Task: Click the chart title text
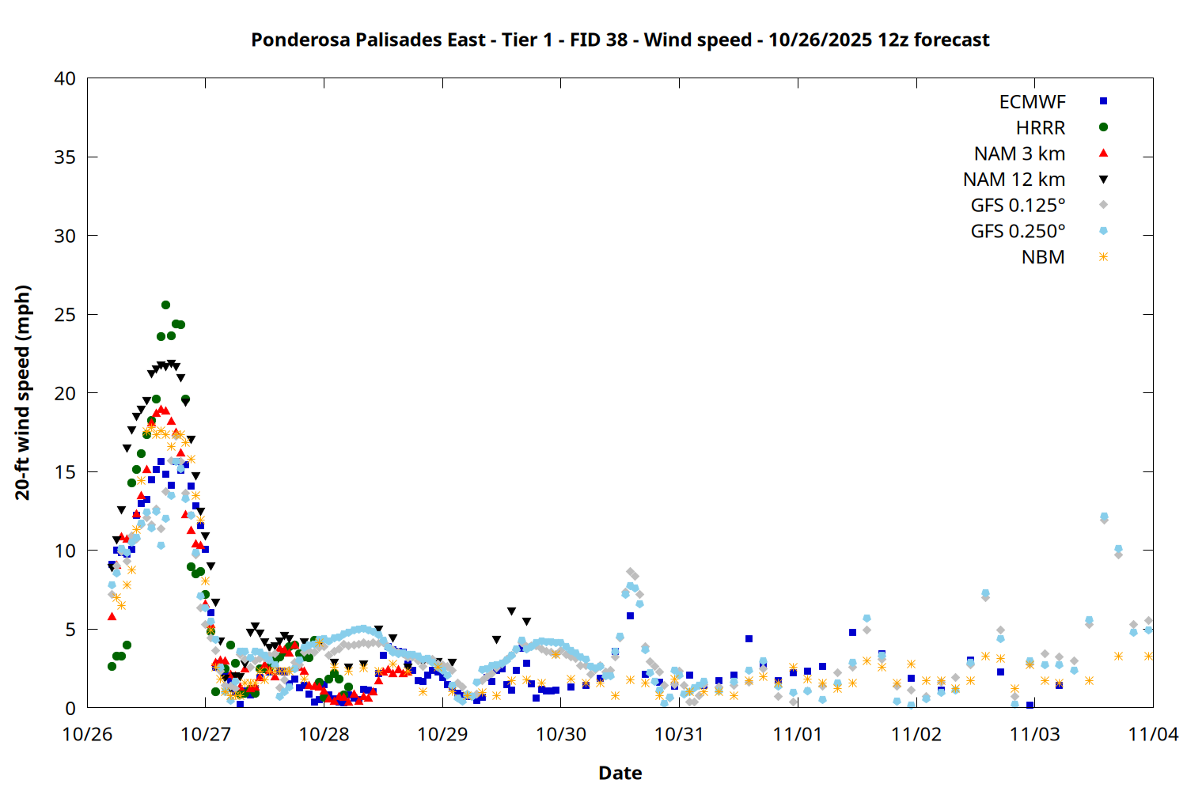(620, 40)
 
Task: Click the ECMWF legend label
(1032, 102)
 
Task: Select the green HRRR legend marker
(1103, 127)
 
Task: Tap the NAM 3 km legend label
(1019, 153)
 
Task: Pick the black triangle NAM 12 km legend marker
(1103, 180)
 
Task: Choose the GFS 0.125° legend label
(1018, 206)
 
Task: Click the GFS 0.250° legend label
(1018, 232)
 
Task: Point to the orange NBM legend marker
(1103, 257)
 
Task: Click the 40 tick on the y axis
(66, 78)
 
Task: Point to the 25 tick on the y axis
(66, 315)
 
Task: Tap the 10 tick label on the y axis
(66, 551)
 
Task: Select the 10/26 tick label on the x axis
(87, 734)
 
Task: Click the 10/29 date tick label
(442, 734)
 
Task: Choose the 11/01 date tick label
(798, 734)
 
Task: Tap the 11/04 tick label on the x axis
(1153, 734)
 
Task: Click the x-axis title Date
(620, 773)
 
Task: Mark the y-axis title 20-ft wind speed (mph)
(23, 392)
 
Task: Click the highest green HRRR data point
(165, 305)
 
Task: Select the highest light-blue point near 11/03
(1104, 517)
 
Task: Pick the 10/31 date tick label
(679, 734)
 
